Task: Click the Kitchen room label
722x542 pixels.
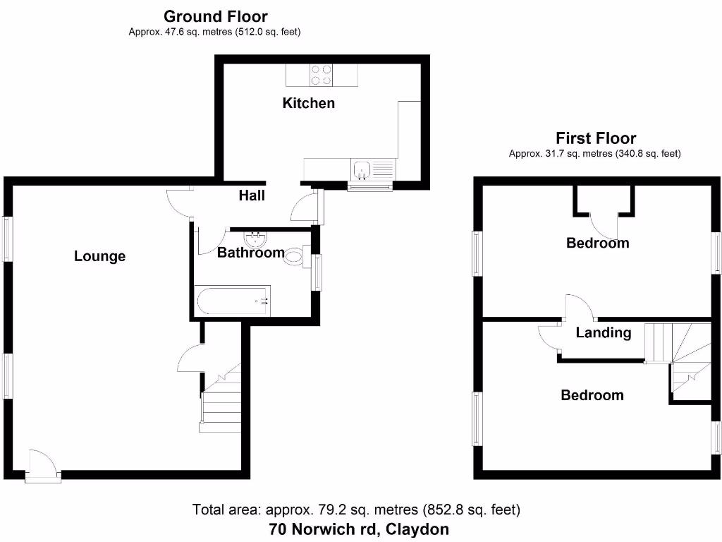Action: pos(308,103)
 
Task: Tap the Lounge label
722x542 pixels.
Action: pos(99,256)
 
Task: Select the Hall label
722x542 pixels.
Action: pos(252,195)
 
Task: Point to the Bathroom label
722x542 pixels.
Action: pos(250,252)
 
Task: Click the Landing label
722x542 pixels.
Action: pos(603,332)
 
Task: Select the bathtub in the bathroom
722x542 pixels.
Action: pos(233,301)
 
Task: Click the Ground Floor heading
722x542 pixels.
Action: pos(215,16)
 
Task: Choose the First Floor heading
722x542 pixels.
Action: pos(595,138)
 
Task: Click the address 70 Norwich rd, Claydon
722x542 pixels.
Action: pos(359,529)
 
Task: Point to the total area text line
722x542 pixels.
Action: pos(356,509)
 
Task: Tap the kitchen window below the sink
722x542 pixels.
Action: pos(371,186)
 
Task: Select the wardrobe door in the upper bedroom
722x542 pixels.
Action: pos(605,225)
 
